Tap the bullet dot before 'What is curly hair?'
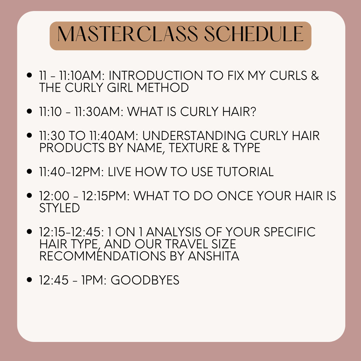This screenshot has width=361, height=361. coord(29,112)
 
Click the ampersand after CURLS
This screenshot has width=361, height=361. coord(314,76)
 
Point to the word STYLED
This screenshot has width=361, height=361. coord(59,208)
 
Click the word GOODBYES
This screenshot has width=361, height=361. coord(145,280)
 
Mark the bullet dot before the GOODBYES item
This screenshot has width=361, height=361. coord(29,280)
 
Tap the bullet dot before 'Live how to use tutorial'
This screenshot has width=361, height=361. coord(29,172)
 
